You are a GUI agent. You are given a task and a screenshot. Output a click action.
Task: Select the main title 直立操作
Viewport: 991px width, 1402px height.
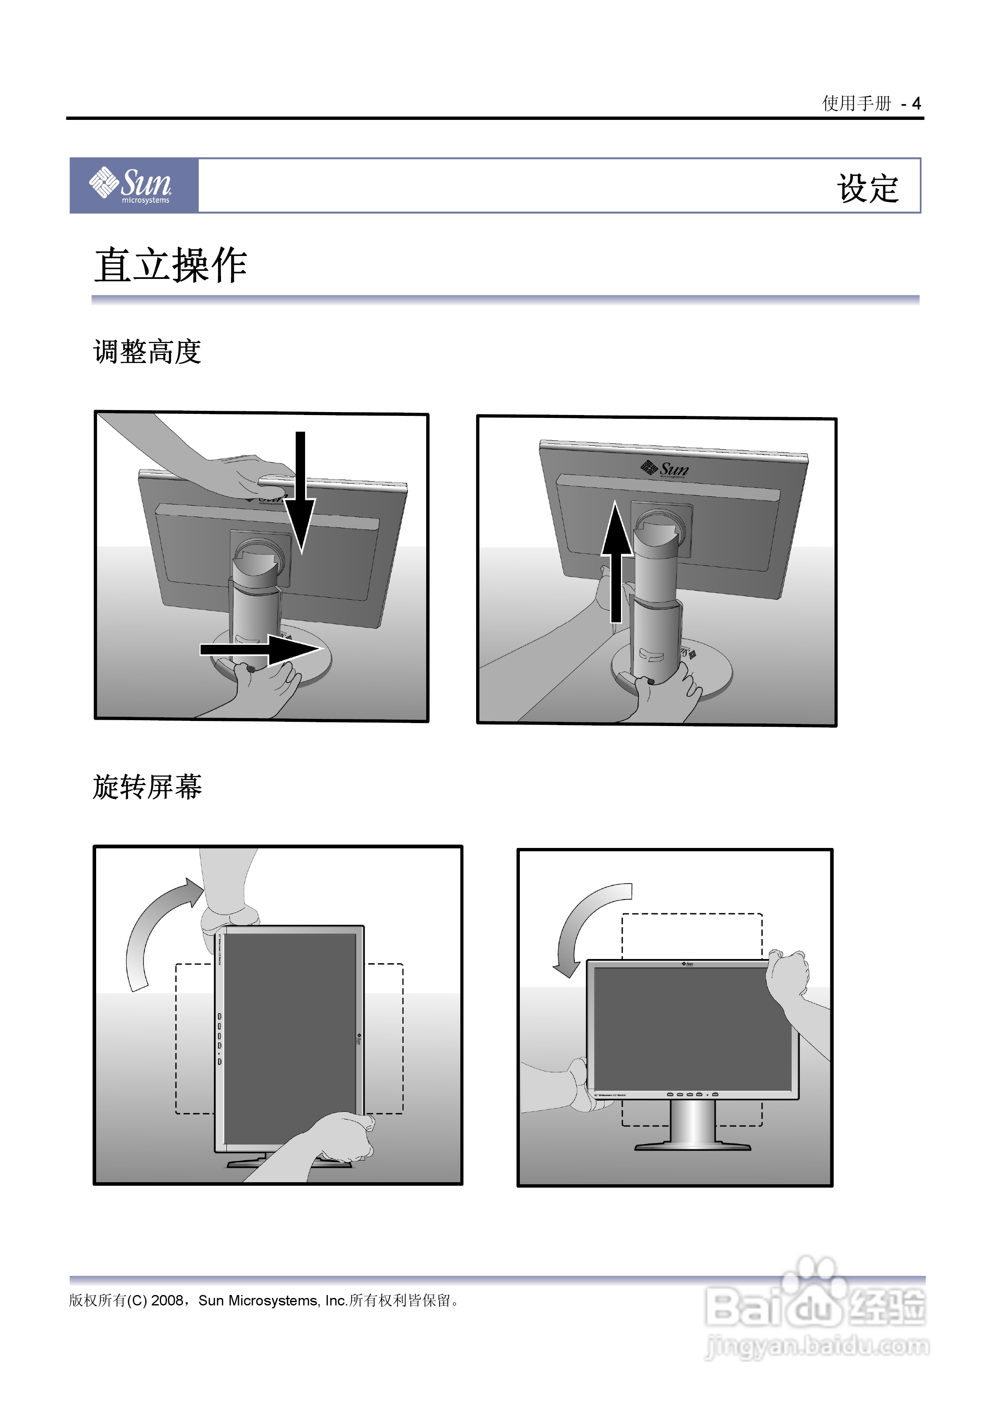coord(170,266)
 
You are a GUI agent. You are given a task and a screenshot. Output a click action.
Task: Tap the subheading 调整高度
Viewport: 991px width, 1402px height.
coord(147,352)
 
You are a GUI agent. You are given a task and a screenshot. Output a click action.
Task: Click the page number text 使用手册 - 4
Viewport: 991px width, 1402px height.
coord(871,104)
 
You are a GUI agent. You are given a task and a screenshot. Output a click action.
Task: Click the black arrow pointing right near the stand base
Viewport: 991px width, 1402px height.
coord(263,649)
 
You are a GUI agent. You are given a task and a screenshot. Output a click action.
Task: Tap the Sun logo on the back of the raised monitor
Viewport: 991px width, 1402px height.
coord(666,469)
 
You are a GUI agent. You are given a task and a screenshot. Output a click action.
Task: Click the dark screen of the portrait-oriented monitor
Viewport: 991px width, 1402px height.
coord(290,1038)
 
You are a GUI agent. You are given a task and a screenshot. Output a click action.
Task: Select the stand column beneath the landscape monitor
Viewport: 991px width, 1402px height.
coord(692,1122)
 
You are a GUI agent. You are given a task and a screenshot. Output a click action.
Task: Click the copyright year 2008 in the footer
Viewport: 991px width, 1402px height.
coord(167,1300)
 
